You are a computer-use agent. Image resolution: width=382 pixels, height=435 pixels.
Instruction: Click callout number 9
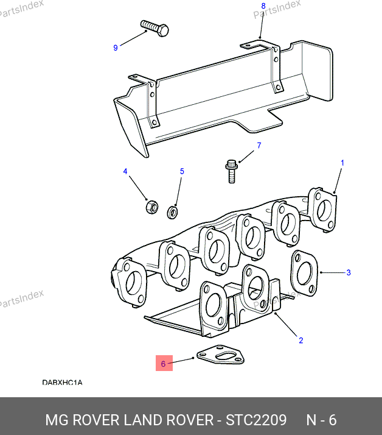(116, 48)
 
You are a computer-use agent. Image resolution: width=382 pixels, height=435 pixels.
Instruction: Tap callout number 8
(263, 6)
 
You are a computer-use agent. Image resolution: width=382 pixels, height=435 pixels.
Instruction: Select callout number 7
(259, 146)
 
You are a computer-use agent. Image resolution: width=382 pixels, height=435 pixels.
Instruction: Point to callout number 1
(342, 163)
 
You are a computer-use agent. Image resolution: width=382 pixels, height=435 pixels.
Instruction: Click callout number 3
(349, 272)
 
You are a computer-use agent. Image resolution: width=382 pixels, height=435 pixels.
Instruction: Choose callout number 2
(300, 341)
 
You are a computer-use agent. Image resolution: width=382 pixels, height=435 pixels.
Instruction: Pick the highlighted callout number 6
(163, 364)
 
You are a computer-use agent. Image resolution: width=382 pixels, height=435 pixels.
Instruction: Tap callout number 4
(126, 172)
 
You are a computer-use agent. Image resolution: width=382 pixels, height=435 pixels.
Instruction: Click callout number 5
(181, 172)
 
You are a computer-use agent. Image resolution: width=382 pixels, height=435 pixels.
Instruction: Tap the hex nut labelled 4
(151, 207)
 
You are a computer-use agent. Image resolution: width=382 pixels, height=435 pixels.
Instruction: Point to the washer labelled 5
(172, 211)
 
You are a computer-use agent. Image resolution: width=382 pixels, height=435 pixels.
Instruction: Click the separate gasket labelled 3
(304, 271)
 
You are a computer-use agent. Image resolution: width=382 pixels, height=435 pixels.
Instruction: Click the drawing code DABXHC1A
(62, 383)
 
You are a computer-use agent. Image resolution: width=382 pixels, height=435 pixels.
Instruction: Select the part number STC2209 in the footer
(256, 420)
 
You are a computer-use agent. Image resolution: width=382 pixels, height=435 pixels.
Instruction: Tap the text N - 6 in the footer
(321, 420)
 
